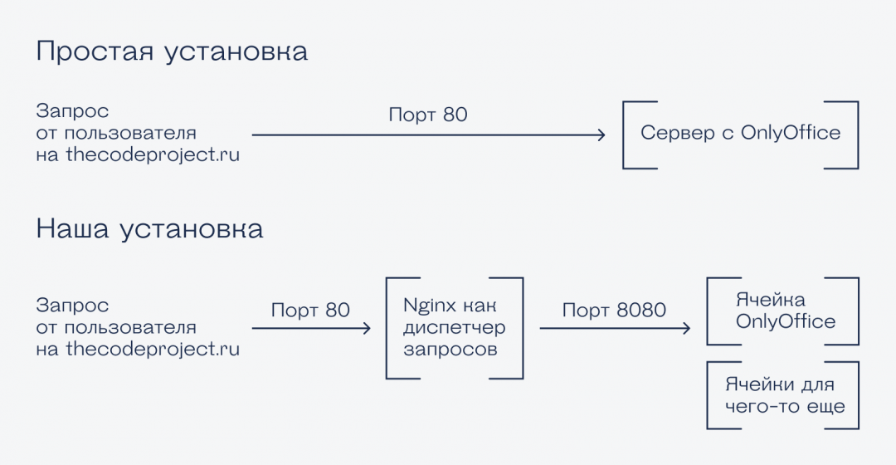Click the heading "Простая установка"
[x=172, y=51]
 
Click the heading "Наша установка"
[x=149, y=228]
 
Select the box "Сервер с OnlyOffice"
[x=740, y=134]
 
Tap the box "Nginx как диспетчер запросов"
[x=454, y=328]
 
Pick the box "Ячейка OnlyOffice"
[x=782, y=311]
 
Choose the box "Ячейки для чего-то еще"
[x=782, y=395]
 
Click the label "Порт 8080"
[x=614, y=311]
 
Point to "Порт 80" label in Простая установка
[x=428, y=115]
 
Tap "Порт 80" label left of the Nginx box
[x=310, y=311]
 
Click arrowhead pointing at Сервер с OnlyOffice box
[x=601, y=135]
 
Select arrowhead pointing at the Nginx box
[x=366, y=329]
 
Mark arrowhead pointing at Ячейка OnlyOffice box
[x=686, y=329]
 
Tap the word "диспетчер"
[x=454, y=327]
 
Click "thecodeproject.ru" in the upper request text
[x=153, y=154]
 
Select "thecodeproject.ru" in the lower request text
[x=153, y=350]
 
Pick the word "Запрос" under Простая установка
[x=72, y=111]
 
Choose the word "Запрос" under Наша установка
[x=72, y=306]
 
